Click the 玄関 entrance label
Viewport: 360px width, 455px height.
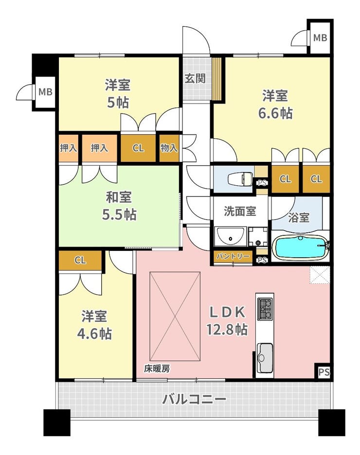[x=195, y=78]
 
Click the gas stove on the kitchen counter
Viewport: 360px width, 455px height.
[x=265, y=309]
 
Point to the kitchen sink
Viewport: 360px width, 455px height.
[x=265, y=357]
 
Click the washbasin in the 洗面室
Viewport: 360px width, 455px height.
[x=231, y=236]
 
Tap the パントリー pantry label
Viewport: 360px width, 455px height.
[x=233, y=257]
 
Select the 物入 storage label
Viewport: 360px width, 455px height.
[x=169, y=148]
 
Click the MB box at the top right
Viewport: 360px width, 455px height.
[x=320, y=37]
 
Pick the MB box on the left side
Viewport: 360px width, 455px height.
[x=46, y=92]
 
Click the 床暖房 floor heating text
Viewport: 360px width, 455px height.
[x=157, y=369]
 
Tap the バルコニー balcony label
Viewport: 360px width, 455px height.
[x=194, y=399]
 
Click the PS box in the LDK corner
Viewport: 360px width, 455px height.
[x=324, y=372]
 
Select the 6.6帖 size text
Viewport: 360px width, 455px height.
[x=275, y=113]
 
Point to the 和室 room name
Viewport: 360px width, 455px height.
[x=119, y=197]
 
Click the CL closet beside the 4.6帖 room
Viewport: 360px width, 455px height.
[x=80, y=260]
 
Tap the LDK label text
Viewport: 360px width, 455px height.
[x=228, y=312]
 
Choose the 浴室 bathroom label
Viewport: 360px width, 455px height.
[x=299, y=217]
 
